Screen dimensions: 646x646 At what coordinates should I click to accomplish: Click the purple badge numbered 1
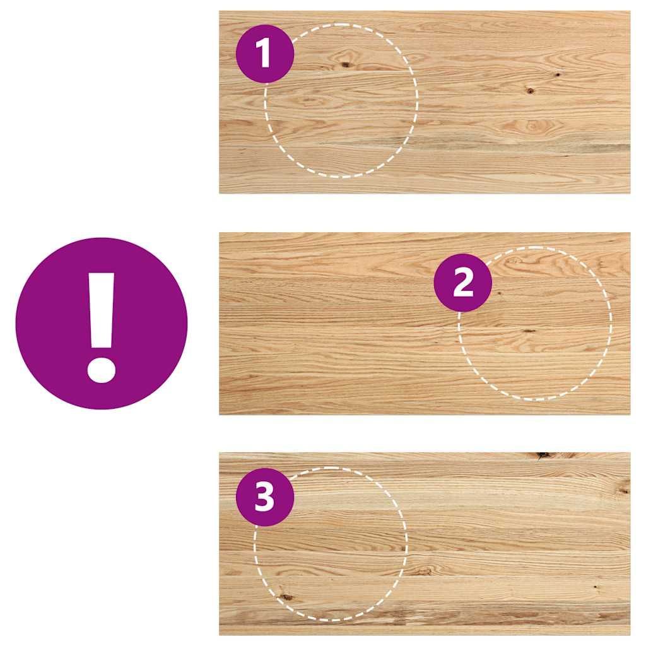click(x=265, y=54)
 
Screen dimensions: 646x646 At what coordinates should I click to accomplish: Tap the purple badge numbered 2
click(x=462, y=283)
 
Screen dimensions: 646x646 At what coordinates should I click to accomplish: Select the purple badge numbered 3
click(x=265, y=497)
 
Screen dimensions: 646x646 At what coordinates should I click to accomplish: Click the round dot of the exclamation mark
click(x=101, y=370)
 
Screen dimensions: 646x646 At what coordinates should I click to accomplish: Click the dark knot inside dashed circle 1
click(x=345, y=64)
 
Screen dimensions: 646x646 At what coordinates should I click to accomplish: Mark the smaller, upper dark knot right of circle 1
click(x=558, y=74)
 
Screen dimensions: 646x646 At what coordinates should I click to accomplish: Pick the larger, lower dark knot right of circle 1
click(x=530, y=90)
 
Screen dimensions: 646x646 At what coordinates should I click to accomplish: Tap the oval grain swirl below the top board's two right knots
click(x=532, y=126)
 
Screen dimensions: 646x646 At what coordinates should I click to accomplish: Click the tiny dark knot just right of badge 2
click(x=499, y=293)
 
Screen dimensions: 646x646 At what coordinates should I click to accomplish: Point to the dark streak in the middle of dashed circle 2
click(x=528, y=331)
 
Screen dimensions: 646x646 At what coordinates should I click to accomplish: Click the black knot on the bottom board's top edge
click(x=543, y=455)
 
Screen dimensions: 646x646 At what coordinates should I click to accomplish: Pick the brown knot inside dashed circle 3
click(x=286, y=597)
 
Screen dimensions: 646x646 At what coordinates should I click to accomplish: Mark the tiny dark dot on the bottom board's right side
click(x=595, y=586)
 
